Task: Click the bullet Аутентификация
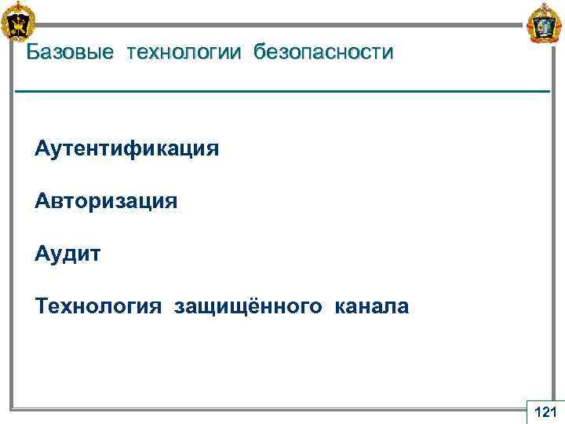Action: [x=126, y=148]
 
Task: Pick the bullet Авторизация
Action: [x=106, y=202]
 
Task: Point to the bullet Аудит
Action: [x=67, y=254]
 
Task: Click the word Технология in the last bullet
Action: [x=95, y=306]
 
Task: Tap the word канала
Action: [x=372, y=306]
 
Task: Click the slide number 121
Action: [x=544, y=411]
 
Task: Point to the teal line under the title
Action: [x=282, y=93]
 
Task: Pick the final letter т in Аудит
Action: [x=95, y=254]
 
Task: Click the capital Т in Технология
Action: [x=41, y=306]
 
